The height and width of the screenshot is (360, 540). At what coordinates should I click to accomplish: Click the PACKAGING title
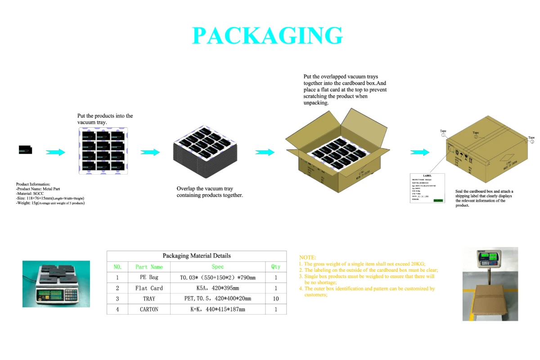tap(267, 36)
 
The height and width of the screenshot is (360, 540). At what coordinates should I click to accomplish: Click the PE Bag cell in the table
tap(149, 277)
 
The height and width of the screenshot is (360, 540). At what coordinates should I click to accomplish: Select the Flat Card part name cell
tap(149, 288)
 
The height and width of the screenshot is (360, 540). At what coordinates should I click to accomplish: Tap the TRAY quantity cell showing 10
tap(275, 299)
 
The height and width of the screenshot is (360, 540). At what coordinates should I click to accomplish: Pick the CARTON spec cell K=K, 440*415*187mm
tap(217, 310)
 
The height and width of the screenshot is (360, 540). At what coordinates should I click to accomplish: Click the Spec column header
tap(217, 267)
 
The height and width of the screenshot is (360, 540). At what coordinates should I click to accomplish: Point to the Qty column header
tap(275, 267)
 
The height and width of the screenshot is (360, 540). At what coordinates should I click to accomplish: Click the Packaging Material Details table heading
tap(196, 256)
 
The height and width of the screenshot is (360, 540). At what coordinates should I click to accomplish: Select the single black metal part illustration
tap(26, 150)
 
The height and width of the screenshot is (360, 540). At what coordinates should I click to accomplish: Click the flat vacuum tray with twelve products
tap(103, 151)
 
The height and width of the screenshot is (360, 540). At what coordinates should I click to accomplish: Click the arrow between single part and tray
tap(55, 153)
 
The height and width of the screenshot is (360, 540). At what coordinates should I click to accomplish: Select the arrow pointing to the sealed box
tap(419, 153)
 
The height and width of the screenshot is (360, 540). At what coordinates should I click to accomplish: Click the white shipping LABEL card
tap(427, 188)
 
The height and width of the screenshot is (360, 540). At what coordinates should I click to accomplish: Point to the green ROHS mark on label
tap(438, 200)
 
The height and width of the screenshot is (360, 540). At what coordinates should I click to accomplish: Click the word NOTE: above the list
tap(308, 257)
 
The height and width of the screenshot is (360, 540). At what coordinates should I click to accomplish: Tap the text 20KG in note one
tap(418, 264)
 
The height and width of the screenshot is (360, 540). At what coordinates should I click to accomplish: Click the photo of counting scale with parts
tap(56, 283)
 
